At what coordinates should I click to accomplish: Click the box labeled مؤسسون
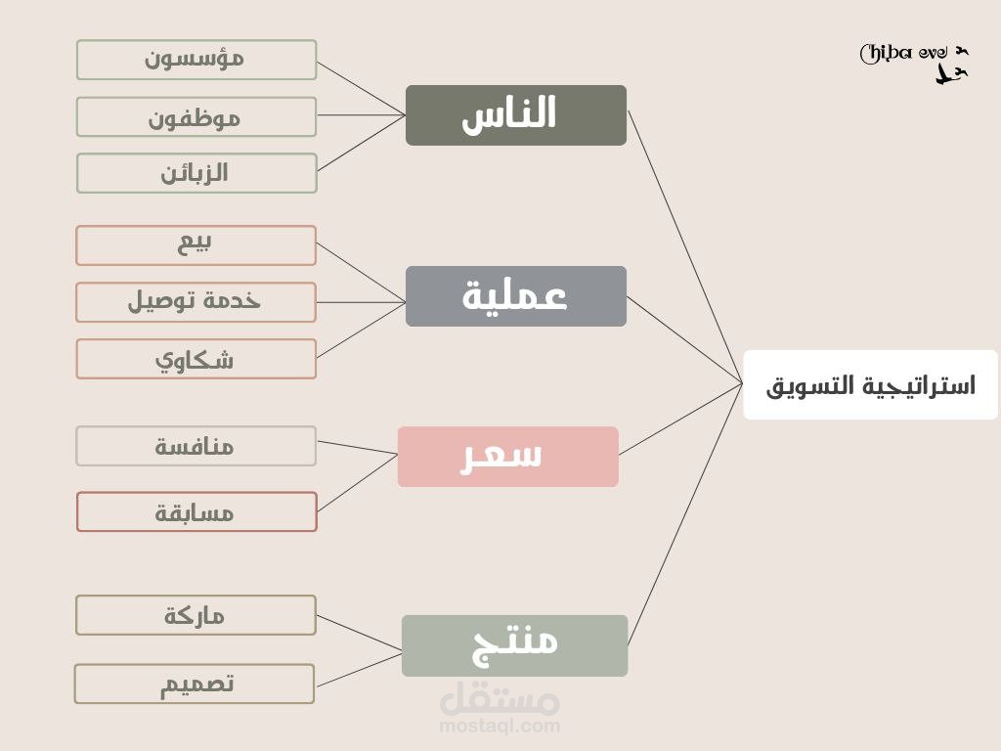click(x=196, y=60)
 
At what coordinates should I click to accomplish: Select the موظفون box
click(x=196, y=116)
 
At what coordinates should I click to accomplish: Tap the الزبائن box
click(x=196, y=173)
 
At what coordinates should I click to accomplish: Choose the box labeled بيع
click(x=196, y=245)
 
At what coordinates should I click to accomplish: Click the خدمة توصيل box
click(x=196, y=302)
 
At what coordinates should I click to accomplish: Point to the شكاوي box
click(x=196, y=359)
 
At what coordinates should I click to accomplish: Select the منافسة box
click(x=196, y=446)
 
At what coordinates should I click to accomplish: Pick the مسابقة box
click(x=196, y=511)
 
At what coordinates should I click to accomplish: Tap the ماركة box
click(x=196, y=615)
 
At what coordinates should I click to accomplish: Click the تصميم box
click(x=195, y=684)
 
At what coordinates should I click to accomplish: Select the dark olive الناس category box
click(x=516, y=115)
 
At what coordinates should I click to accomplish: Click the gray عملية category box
click(x=516, y=296)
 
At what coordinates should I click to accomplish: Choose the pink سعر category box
click(x=508, y=457)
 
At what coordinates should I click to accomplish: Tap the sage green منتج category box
click(x=515, y=645)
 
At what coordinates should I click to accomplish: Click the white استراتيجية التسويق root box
click(x=870, y=384)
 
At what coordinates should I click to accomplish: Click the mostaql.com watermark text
click(x=500, y=726)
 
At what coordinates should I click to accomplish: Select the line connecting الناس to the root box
click(x=684, y=244)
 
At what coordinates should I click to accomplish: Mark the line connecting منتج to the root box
click(x=684, y=513)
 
